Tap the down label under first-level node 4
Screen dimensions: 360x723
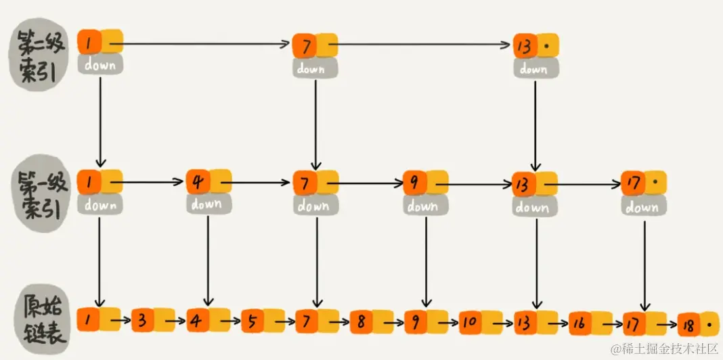pyautogui.click(x=206, y=203)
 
